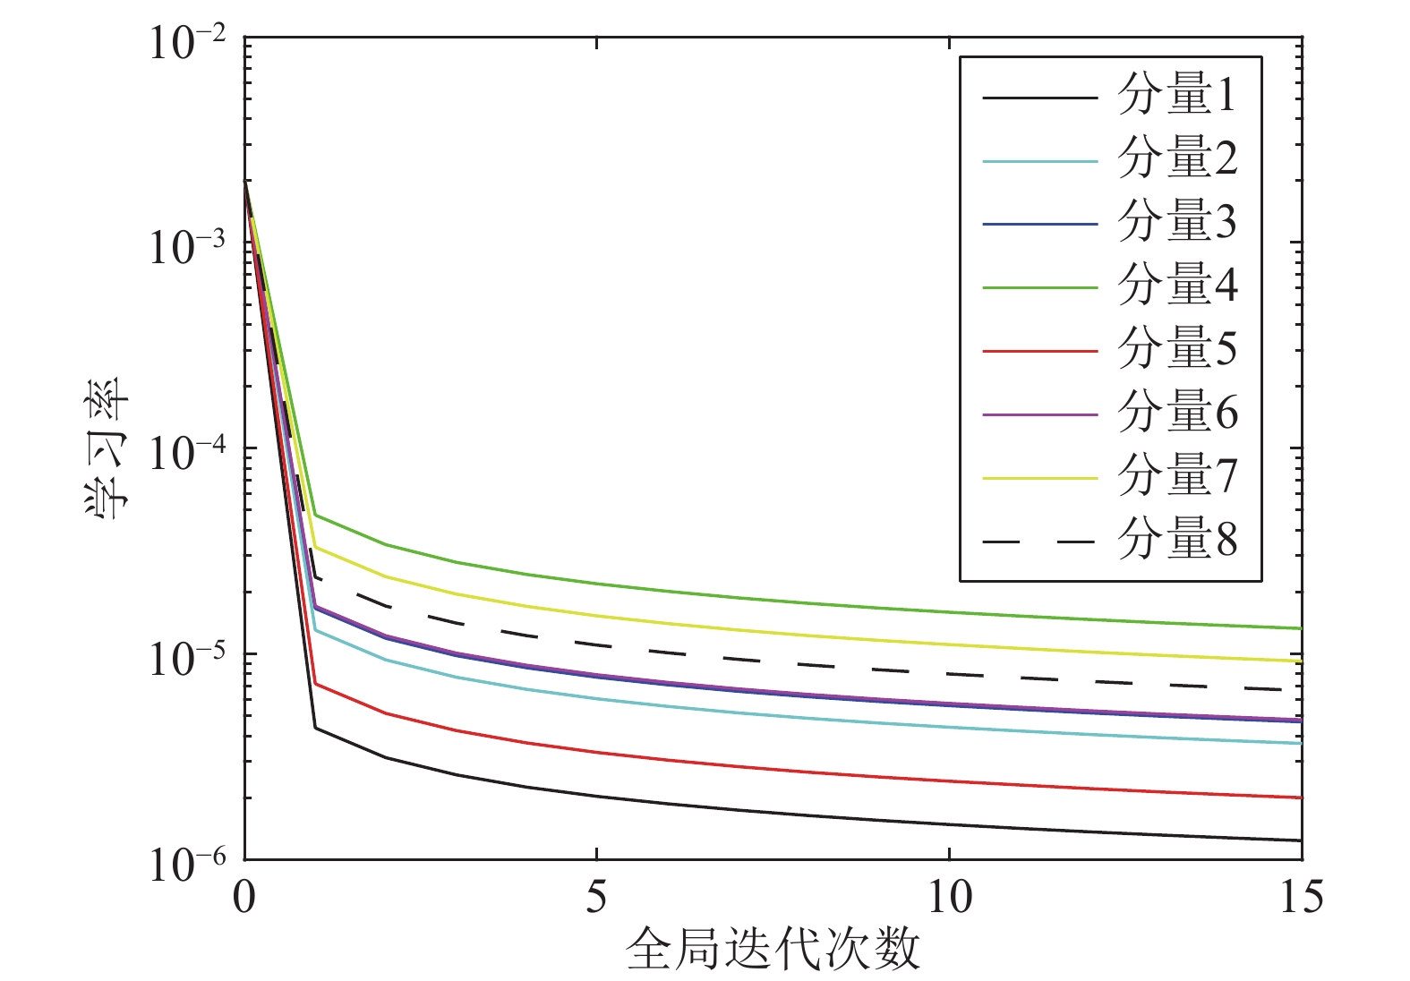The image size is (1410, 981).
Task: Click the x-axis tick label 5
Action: pyautogui.click(x=596, y=897)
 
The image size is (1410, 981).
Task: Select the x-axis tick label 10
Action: pyautogui.click(x=948, y=897)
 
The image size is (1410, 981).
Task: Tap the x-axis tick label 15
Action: pyautogui.click(x=1300, y=897)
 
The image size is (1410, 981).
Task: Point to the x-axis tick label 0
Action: pyautogui.click(x=244, y=897)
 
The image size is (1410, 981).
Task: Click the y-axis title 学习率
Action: pyautogui.click(x=108, y=448)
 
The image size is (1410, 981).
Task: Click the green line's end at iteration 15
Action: pyautogui.click(x=1300, y=628)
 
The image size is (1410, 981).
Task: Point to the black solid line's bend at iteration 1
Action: pyautogui.click(x=315, y=728)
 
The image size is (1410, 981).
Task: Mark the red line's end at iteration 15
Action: pyautogui.click(x=1300, y=798)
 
